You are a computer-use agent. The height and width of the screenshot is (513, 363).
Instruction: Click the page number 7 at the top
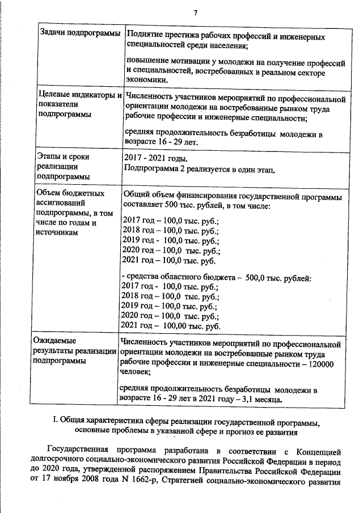(x=195, y=13)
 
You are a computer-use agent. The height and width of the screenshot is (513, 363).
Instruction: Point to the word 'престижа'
(x=180, y=37)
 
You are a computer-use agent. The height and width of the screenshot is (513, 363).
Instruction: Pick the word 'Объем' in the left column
(x=50, y=194)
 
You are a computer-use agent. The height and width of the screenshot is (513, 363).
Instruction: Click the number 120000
(x=322, y=364)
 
